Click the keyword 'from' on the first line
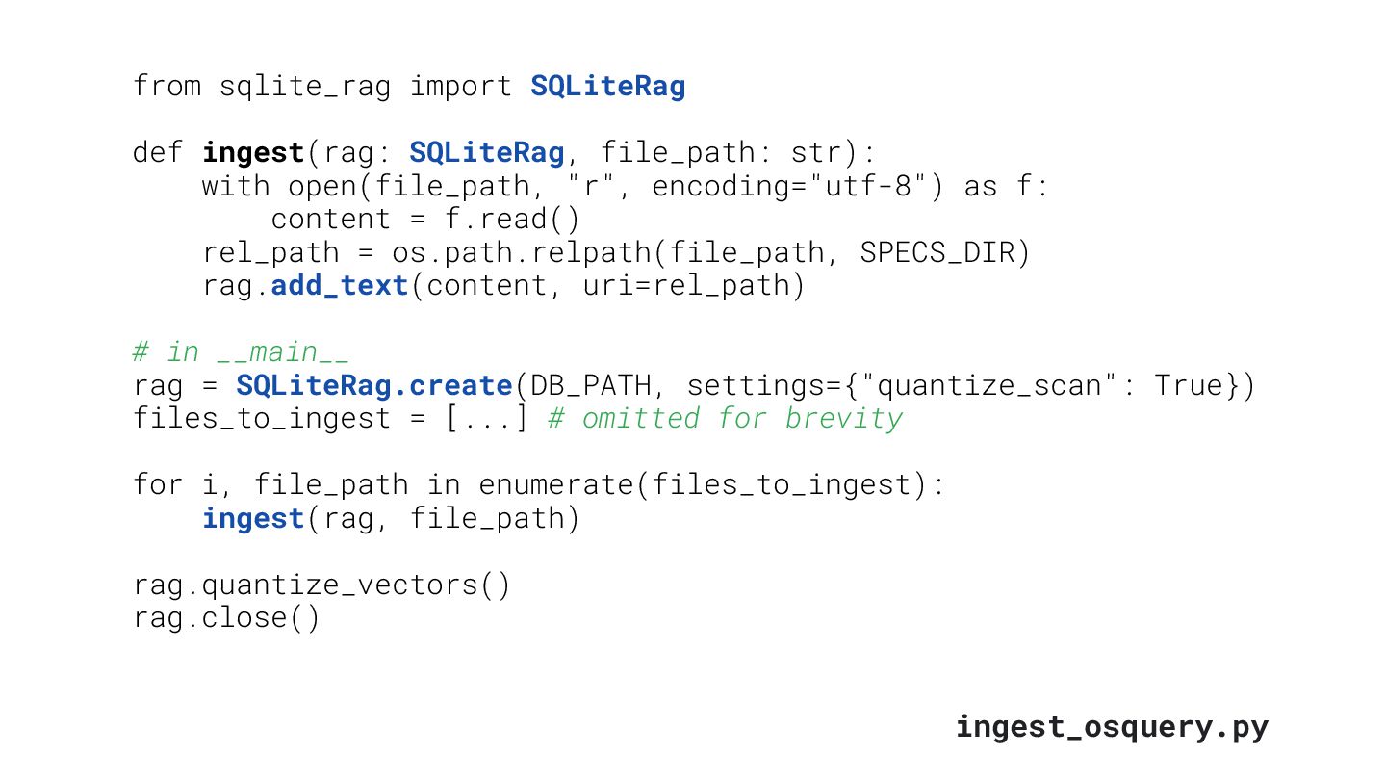point(167,87)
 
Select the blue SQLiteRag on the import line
point(607,87)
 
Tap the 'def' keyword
point(158,152)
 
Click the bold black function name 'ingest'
point(252,153)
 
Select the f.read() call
point(512,219)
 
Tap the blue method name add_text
point(340,286)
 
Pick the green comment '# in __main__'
point(241,352)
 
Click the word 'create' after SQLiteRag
point(460,385)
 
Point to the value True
point(1190,385)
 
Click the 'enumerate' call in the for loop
point(555,484)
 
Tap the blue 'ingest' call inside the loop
point(252,518)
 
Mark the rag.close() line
point(226,617)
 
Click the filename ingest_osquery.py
point(1112,726)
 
